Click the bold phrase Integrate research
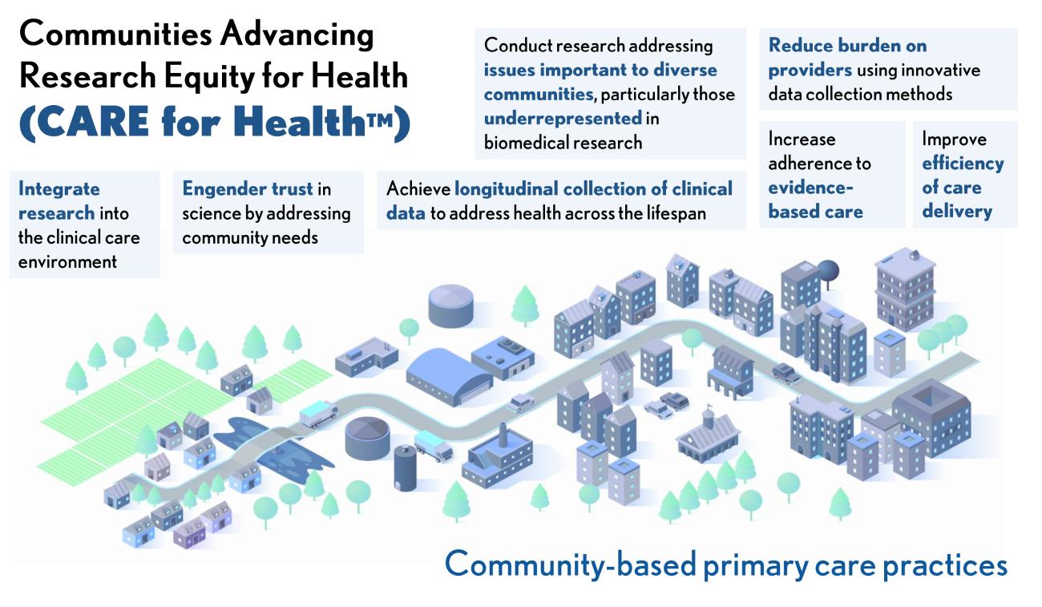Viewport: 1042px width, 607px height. point(59,201)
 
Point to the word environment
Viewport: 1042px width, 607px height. point(68,261)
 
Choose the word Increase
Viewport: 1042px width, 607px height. point(802,139)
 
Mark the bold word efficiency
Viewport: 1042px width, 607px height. point(962,164)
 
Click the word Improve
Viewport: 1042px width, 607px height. point(953,139)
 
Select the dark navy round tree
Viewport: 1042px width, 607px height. point(827,272)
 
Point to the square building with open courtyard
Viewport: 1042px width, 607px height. point(931,409)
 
